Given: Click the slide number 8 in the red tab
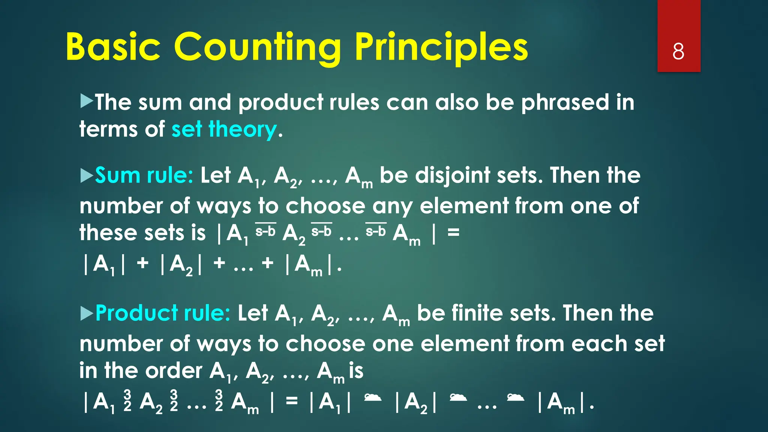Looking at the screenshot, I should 678,51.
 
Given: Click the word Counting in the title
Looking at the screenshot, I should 257,48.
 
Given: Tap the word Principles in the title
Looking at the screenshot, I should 441,48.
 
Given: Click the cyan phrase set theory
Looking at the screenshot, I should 224,130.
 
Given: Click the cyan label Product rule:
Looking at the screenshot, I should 163,313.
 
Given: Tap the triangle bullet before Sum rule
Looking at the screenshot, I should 87,175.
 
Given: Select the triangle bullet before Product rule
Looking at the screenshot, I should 87,313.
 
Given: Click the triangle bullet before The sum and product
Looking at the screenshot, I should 87,102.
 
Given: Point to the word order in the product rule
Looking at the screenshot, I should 174,371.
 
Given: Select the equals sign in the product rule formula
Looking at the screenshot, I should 292,401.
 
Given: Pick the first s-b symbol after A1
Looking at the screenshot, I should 265,231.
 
